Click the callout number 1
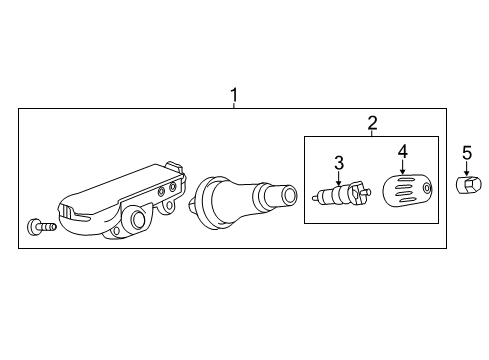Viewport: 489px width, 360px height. (x=234, y=95)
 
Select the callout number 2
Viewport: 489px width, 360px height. (x=372, y=123)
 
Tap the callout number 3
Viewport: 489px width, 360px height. (x=339, y=163)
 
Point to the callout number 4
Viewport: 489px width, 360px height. (x=403, y=151)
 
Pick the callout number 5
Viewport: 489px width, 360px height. (x=467, y=153)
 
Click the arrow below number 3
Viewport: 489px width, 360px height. (x=339, y=178)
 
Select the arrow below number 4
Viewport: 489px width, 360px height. (x=403, y=167)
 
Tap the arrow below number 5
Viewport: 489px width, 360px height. (x=467, y=168)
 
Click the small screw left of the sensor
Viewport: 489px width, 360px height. (x=42, y=227)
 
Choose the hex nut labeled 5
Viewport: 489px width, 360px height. (x=469, y=185)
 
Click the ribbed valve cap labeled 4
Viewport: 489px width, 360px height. (x=407, y=189)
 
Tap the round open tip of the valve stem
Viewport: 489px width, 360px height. (x=289, y=195)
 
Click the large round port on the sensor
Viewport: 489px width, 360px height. (x=138, y=219)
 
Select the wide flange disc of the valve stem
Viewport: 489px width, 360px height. (x=206, y=202)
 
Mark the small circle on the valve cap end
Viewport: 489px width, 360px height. (x=427, y=188)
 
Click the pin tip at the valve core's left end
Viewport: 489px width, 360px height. (x=314, y=198)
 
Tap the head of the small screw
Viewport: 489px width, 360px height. (x=33, y=227)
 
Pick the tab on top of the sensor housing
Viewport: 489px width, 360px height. (x=175, y=167)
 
